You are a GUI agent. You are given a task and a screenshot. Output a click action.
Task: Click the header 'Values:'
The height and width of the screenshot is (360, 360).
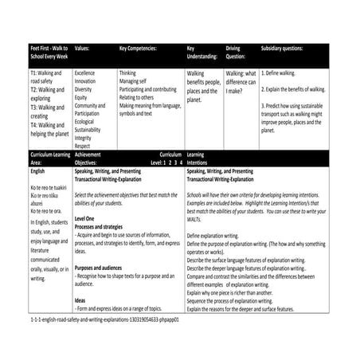(x=83, y=48)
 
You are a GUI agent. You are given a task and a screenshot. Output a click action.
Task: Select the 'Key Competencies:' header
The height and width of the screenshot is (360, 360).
(x=139, y=48)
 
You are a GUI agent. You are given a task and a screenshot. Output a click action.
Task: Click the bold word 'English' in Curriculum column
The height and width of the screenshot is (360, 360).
(x=37, y=170)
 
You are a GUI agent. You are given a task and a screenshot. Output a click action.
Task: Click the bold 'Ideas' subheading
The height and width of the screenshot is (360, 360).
(x=80, y=300)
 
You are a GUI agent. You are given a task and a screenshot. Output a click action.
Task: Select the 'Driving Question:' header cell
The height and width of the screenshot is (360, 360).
(x=237, y=53)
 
